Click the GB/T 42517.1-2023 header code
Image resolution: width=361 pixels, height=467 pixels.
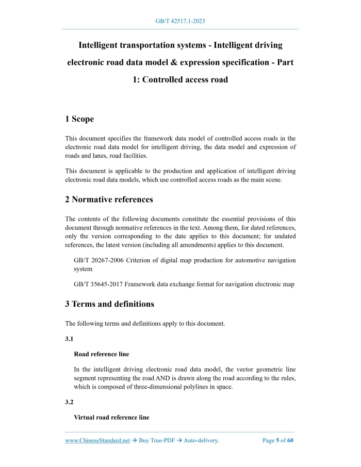click(180, 22)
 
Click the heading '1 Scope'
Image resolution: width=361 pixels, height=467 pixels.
click(79, 119)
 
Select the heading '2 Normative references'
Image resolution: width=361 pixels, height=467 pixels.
click(109, 199)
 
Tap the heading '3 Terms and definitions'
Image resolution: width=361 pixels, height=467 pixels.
click(109, 304)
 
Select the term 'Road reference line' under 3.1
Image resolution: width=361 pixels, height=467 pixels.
click(102, 354)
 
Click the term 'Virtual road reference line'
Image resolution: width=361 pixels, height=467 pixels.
click(111, 418)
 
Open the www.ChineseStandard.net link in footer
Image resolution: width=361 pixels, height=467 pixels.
click(97, 441)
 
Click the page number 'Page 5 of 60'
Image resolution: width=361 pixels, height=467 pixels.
click(278, 441)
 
